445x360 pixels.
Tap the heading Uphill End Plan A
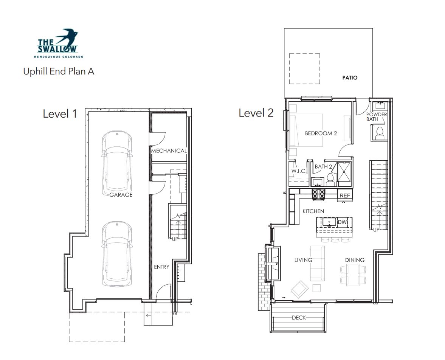click(x=59, y=71)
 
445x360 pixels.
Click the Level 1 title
click(x=60, y=114)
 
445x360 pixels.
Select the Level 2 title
click(x=256, y=113)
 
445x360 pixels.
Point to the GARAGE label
click(x=121, y=195)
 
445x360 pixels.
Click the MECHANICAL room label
click(x=169, y=151)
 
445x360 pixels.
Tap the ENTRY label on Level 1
click(x=161, y=267)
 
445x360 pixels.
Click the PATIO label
click(x=350, y=78)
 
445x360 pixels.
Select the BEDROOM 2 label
click(x=321, y=133)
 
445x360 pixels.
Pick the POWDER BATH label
click(x=376, y=117)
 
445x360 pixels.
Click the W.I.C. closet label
click(x=299, y=171)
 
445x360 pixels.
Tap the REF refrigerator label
click(x=345, y=196)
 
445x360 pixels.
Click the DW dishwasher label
click(x=342, y=222)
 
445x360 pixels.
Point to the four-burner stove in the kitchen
click(x=319, y=194)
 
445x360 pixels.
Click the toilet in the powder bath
click(x=380, y=133)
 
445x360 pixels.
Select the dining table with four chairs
click(x=354, y=275)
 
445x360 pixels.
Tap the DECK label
click(x=299, y=318)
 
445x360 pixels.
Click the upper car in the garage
click(x=117, y=161)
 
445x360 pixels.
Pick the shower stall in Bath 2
click(x=344, y=172)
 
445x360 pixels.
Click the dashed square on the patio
click(x=304, y=69)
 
